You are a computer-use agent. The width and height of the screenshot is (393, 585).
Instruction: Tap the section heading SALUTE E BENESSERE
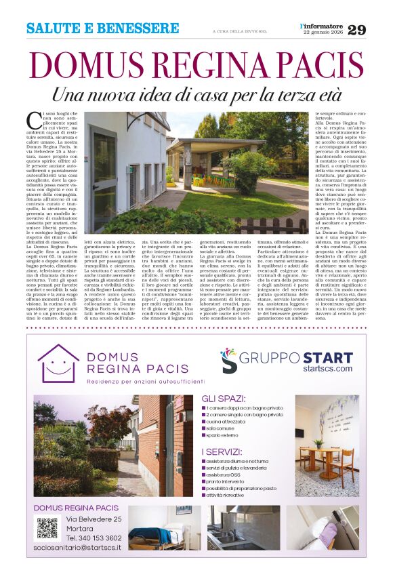click(103, 28)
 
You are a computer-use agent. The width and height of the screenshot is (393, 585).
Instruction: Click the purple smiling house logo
click(58, 363)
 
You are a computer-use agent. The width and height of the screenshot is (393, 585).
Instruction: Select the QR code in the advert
click(47, 527)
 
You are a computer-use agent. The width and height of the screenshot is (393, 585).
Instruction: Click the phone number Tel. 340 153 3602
click(94, 538)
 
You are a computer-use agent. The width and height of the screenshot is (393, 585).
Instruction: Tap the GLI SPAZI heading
click(223, 399)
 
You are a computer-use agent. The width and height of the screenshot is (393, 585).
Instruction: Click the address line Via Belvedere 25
click(94, 519)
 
